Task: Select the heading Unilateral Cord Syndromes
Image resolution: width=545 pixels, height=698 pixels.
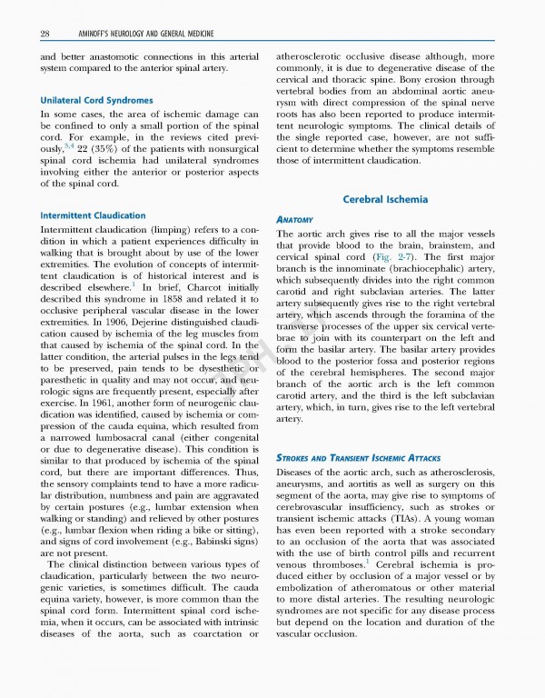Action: click(x=96, y=100)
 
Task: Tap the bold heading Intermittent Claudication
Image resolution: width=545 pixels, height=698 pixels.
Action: click(x=93, y=215)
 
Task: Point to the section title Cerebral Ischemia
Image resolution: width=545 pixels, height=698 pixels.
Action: click(x=385, y=199)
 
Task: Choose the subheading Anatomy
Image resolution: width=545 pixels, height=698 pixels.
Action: click(x=294, y=220)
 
